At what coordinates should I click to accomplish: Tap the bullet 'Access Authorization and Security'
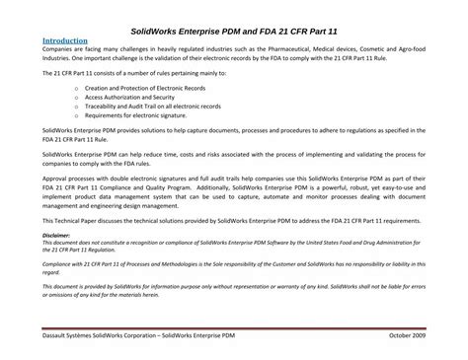coord(127,99)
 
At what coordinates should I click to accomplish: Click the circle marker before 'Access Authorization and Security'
coord(77,99)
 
